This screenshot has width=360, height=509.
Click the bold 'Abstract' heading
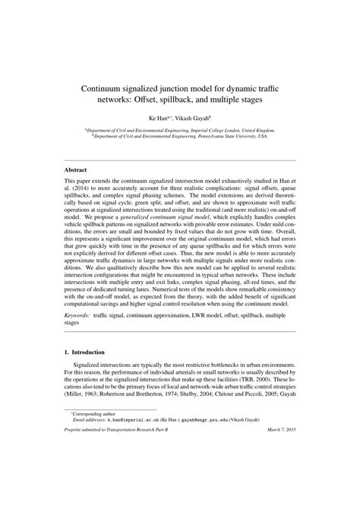point(75,169)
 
